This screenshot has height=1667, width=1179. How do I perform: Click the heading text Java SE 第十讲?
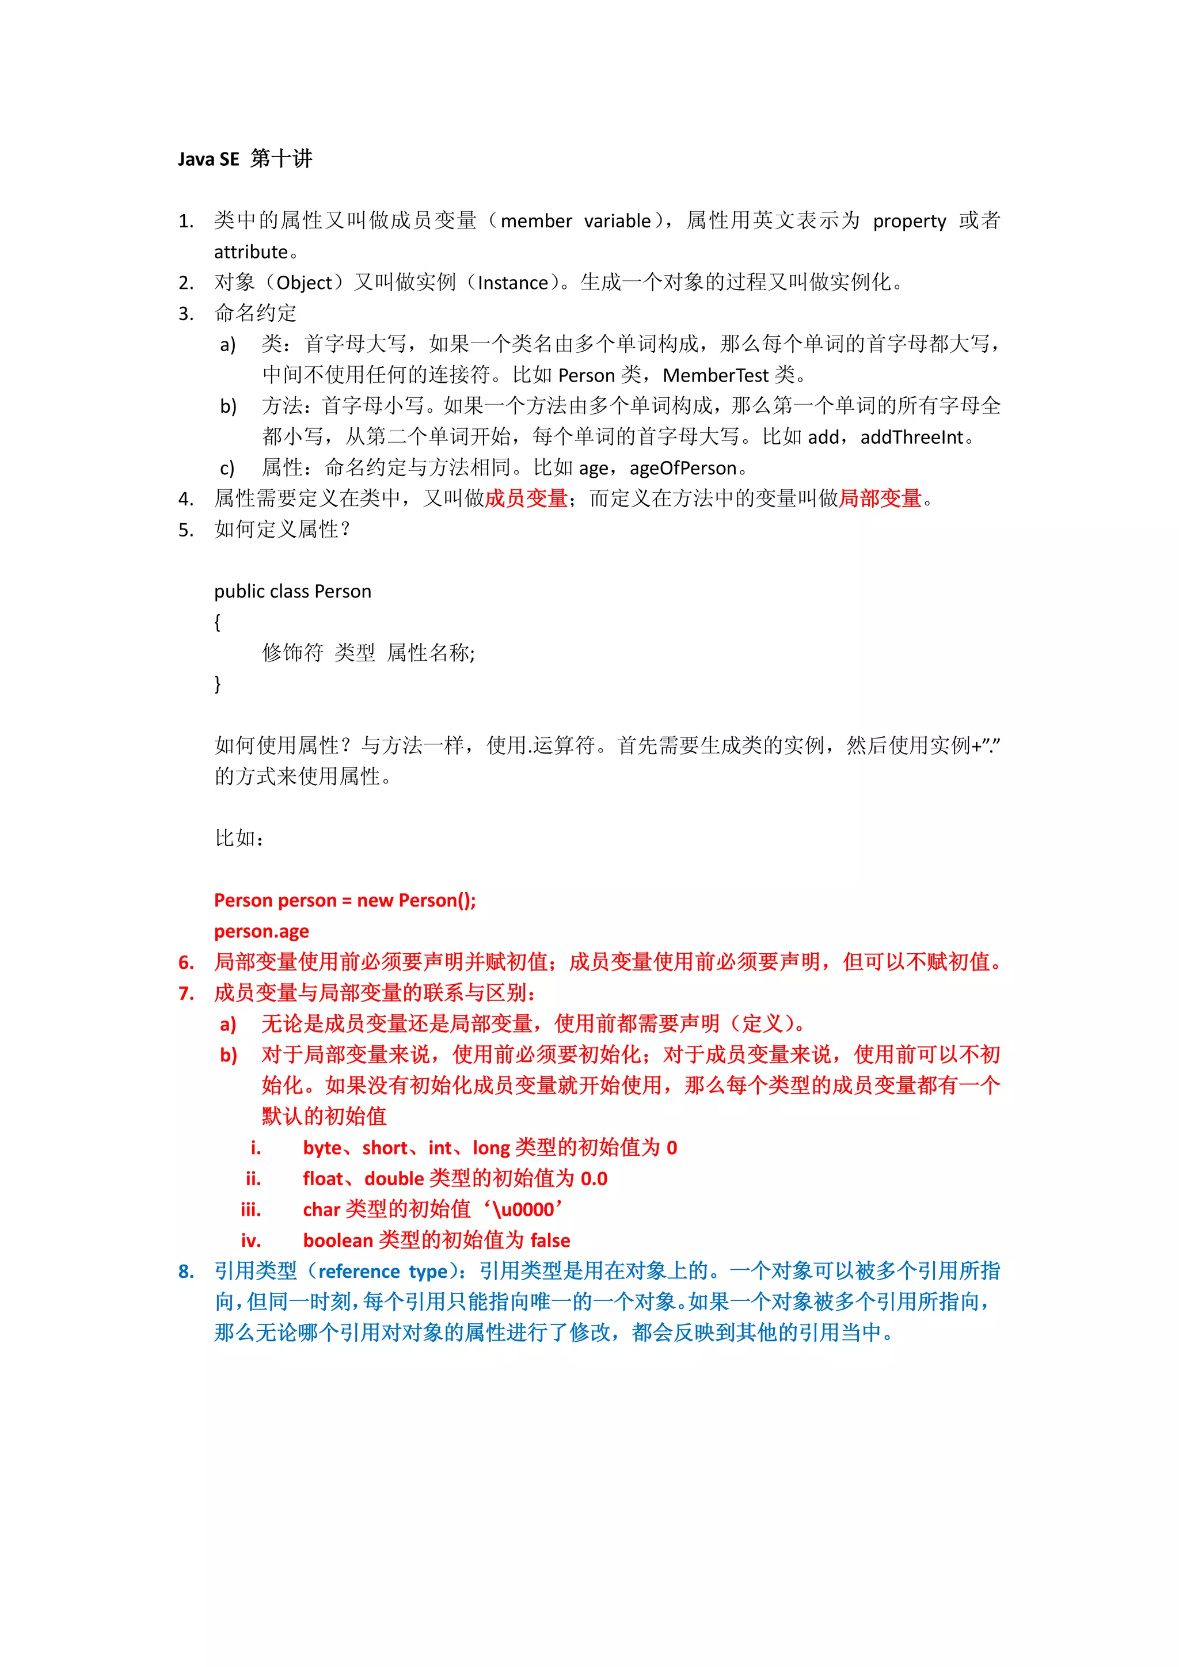click(245, 159)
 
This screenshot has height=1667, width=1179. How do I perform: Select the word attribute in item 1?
click(251, 252)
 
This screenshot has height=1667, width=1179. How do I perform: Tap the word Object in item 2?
click(303, 283)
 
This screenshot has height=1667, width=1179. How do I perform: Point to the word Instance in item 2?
click(512, 283)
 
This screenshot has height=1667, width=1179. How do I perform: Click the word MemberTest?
click(714, 375)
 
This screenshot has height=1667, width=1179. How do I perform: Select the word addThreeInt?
click(911, 437)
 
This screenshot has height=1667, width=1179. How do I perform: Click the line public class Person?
click(292, 592)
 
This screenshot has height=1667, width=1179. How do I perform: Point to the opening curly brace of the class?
click(217, 622)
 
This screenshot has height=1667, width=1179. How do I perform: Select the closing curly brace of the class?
click(217, 684)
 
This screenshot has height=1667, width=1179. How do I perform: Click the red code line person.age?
click(261, 931)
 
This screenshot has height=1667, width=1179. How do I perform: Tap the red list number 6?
click(186, 963)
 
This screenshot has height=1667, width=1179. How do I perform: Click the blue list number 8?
click(186, 1272)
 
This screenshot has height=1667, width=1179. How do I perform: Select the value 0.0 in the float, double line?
click(593, 1178)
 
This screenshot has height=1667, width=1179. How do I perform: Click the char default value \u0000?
click(523, 1209)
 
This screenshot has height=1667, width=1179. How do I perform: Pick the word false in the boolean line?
click(550, 1240)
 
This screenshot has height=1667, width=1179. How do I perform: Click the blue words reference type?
click(383, 1272)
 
